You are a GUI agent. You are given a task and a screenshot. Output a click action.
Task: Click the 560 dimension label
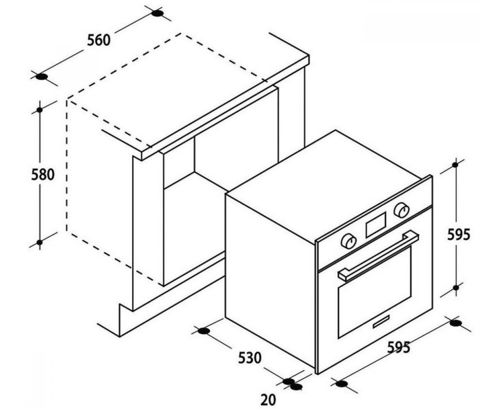click(99, 40)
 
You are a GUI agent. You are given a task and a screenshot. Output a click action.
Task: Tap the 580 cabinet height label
click(43, 175)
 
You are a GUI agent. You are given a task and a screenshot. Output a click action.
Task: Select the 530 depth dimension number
click(250, 358)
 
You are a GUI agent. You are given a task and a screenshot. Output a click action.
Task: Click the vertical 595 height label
click(458, 235)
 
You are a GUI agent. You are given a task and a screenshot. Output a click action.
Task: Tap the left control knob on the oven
click(348, 241)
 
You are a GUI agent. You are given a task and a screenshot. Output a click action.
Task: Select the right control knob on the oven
click(401, 210)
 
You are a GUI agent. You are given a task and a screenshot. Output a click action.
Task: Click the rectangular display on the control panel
click(376, 224)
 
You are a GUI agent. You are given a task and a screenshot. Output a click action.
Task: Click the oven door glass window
click(374, 292)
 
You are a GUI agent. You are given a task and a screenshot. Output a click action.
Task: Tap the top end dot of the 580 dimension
click(40, 110)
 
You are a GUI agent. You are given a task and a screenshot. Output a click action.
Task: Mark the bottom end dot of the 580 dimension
click(39, 242)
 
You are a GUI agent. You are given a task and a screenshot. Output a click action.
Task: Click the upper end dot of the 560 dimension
click(157, 14)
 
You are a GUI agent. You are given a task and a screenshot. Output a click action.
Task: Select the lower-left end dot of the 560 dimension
click(42, 77)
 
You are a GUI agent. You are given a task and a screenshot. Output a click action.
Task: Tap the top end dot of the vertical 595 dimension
click(455, 165)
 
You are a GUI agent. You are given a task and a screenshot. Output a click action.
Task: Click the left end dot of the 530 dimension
click(204, 331)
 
